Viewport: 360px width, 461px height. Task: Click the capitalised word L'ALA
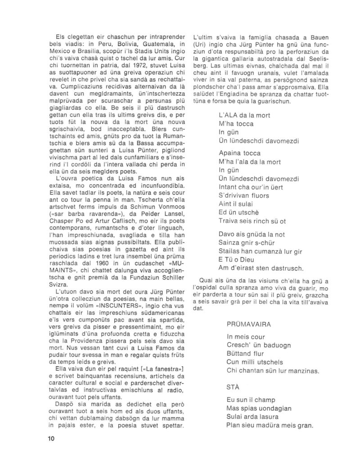point(229,116)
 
